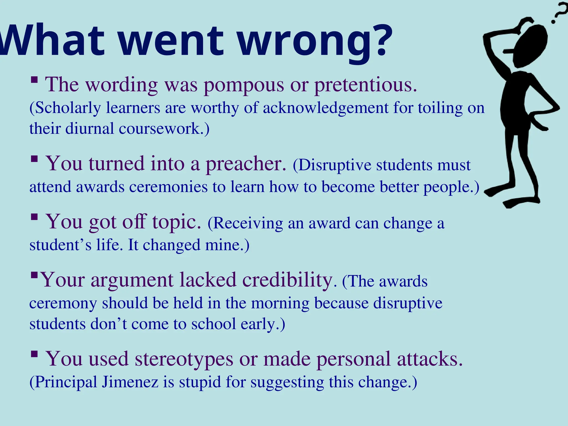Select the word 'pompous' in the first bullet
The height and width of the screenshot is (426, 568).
click(244, 85)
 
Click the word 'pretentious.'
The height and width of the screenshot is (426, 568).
click(366, 85)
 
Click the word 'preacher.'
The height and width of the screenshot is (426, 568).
click(246, 164)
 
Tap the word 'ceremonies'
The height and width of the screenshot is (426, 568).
click(168, 187)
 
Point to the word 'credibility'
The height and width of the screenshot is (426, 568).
click(287, 280)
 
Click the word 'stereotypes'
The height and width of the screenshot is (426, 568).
click(184, 359)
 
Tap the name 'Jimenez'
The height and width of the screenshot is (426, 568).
click(130, 382)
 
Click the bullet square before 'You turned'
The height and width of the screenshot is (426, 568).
click(34, 159)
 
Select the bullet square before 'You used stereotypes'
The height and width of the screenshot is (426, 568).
click(34, 354)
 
